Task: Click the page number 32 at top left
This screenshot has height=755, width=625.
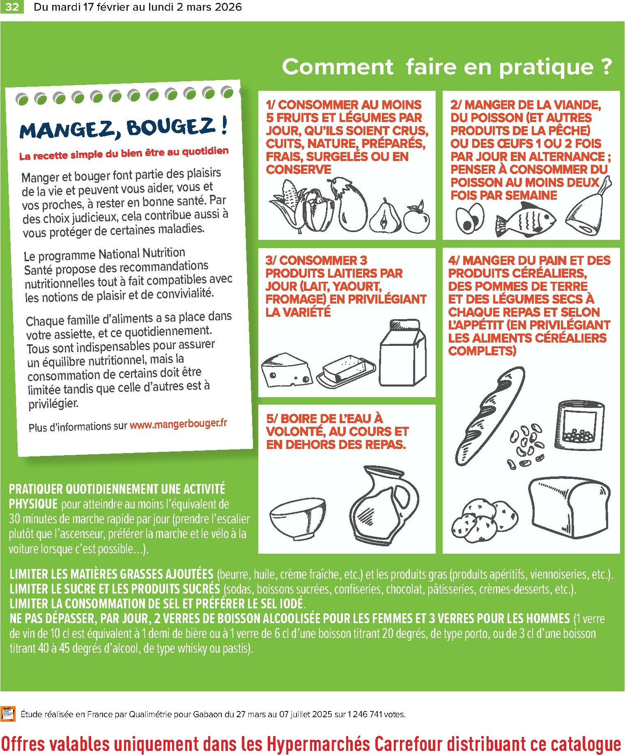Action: click(12, 7)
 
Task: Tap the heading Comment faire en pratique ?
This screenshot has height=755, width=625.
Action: click(446, 67)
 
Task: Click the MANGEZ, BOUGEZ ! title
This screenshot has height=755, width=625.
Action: click(123, 127)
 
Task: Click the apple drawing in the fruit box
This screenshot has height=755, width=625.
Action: click(416, 218)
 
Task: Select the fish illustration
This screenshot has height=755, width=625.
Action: click(526, 220)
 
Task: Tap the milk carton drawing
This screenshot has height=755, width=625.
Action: click(403, 353)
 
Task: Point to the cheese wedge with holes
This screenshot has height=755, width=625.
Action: click(286, 370)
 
